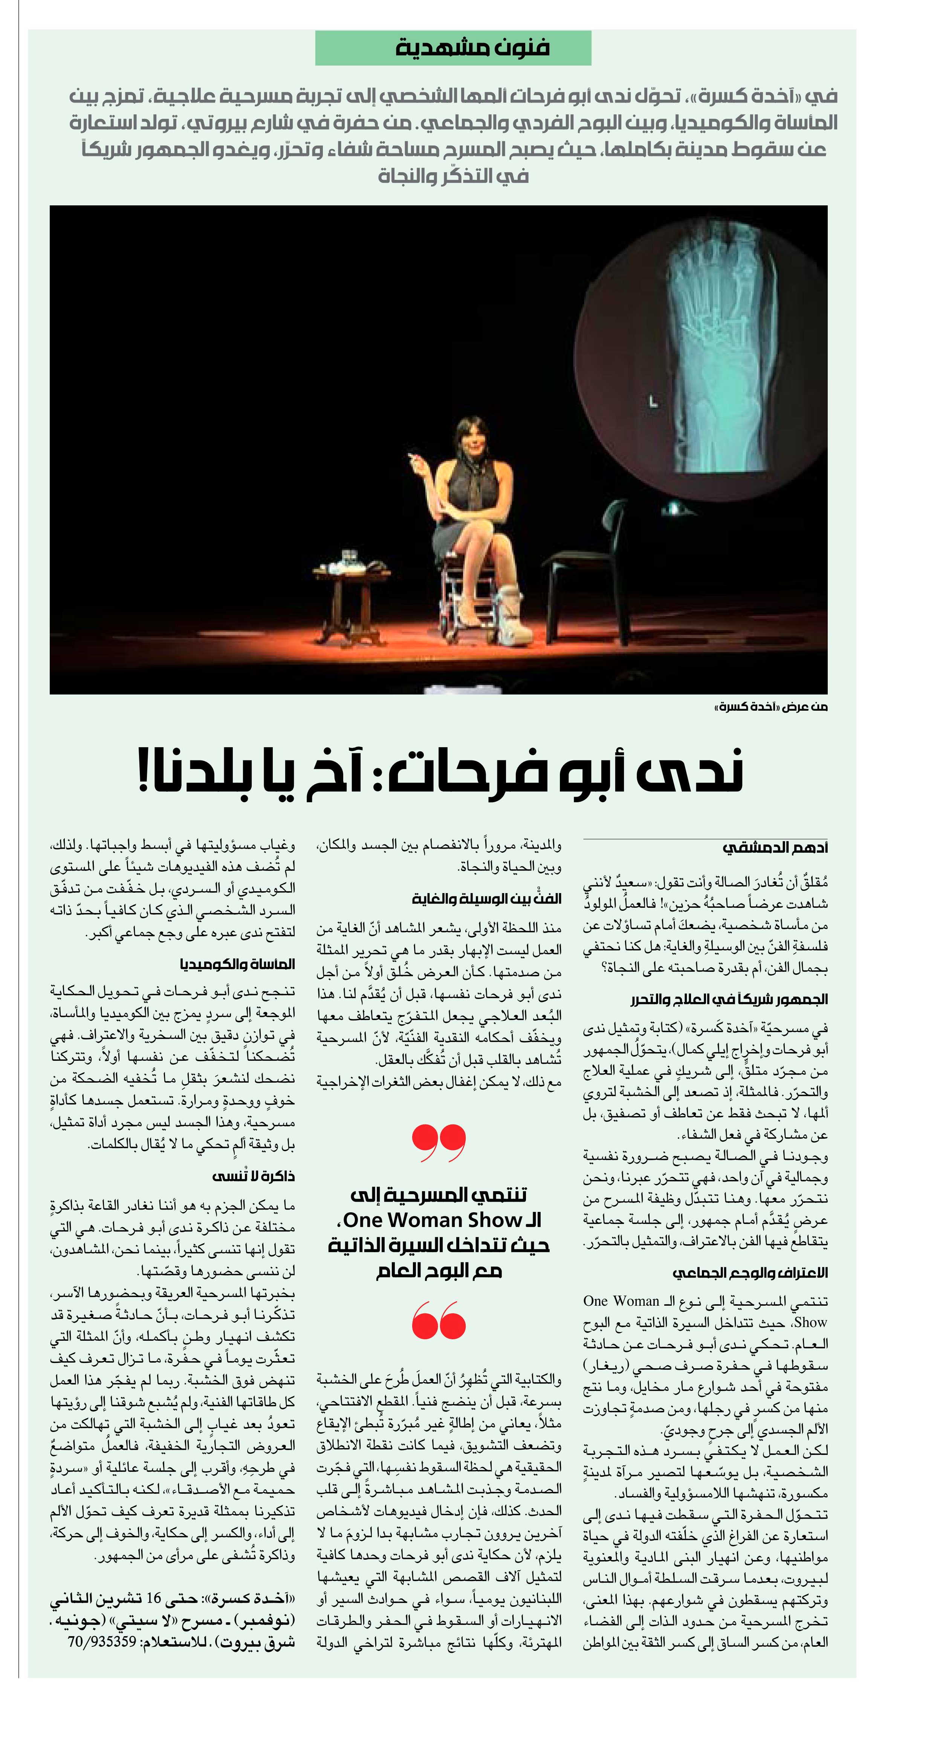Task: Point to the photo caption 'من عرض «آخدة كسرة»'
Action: [x=770, y=707]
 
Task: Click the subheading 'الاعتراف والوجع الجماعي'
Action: [x=750, y=1273]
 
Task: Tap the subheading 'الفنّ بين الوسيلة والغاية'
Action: [x=486, y=898]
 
